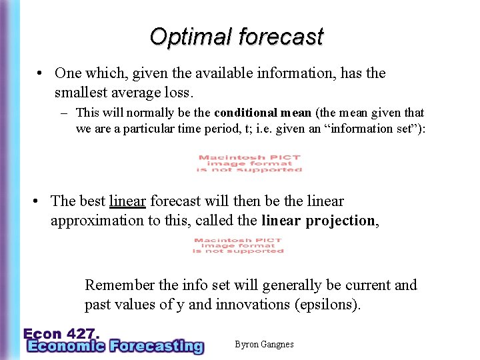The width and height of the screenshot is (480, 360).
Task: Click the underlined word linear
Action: (x=127, y=201)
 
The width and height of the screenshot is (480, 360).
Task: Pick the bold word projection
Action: (x=339, y=221)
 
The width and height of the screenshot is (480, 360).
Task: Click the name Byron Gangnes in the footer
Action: (x=264, y=345)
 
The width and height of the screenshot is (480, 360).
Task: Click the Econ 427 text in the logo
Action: (x=62, y=333)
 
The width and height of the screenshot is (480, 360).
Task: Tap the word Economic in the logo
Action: (x=65, y=346)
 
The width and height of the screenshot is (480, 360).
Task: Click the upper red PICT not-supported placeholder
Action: (x=249, y=163)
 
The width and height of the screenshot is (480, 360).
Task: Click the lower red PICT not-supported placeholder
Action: (x=239, y=245)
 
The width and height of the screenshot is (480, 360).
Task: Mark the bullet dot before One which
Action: (x=41, y=73)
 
